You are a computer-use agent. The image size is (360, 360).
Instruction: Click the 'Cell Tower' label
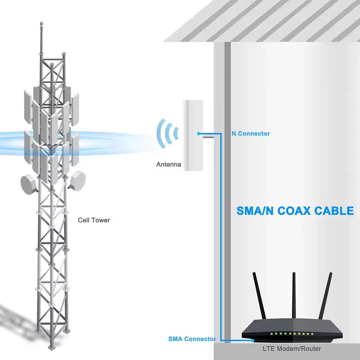point(94,220)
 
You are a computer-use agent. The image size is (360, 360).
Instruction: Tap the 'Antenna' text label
point(168,165)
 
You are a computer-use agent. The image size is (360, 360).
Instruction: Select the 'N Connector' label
point(250,134)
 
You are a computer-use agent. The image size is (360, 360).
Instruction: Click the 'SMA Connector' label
point(192,339)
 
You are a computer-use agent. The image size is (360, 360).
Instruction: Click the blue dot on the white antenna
point(198,134)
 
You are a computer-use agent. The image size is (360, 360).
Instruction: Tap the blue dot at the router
point(253,340)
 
